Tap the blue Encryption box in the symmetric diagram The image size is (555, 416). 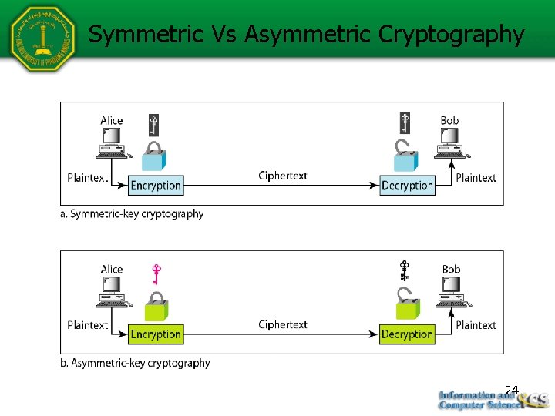(156, 185)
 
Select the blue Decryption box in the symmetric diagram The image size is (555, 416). (407, 185)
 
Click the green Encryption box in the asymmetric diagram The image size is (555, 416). (156, 334)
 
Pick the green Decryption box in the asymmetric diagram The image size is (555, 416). (407, 334)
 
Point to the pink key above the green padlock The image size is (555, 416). (156, 273)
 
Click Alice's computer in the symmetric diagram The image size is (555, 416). (113, 143)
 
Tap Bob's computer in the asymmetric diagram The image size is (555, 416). (450, 291)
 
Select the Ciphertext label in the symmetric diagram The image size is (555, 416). (282, 176)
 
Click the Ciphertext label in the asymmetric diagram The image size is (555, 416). (282, 324)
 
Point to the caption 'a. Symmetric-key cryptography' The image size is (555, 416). (132, 213)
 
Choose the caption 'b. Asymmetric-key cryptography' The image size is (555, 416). (135, 363)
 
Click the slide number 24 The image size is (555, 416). (512, 390)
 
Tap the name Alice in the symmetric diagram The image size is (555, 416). (112, 120)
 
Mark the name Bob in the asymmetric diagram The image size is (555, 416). (451, 270)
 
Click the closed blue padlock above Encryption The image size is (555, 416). (154, 156)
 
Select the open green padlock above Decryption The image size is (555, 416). (406, 304)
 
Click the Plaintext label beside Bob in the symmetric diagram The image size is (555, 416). (476, 177)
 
